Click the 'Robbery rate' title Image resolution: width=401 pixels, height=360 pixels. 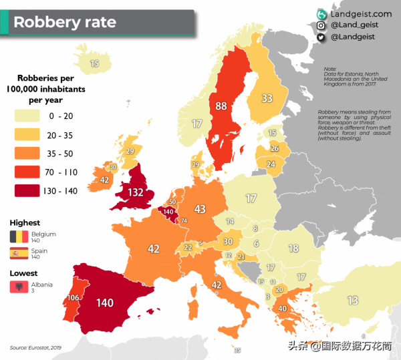click(x=65, y=22)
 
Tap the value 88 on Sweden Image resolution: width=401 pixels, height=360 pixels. click(x=221, y=106)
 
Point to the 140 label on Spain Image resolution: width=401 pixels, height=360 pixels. click(x=104, y=303)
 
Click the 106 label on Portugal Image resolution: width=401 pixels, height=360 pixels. click(x=74, y=297)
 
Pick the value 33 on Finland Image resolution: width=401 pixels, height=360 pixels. click(x=267, y=98)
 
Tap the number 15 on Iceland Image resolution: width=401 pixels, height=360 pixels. click(x=95, y=63)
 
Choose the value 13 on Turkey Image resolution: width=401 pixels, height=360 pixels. click(x=352, y=300)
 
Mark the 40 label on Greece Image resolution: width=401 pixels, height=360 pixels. click(x=283, y=309)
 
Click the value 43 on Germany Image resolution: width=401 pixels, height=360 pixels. click(x=199, y=210)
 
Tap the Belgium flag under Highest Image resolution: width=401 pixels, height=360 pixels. click(x=18, y=236)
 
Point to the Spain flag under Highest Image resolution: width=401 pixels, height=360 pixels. click(x=18, y=254)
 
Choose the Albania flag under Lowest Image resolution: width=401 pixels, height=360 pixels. click(x=18, y=287)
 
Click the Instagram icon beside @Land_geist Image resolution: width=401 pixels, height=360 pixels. click(x=321, y=25)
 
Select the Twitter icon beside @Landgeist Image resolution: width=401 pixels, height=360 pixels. click(x=321, y=37)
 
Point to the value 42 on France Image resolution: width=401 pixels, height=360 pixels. click(x=153, y=249)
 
